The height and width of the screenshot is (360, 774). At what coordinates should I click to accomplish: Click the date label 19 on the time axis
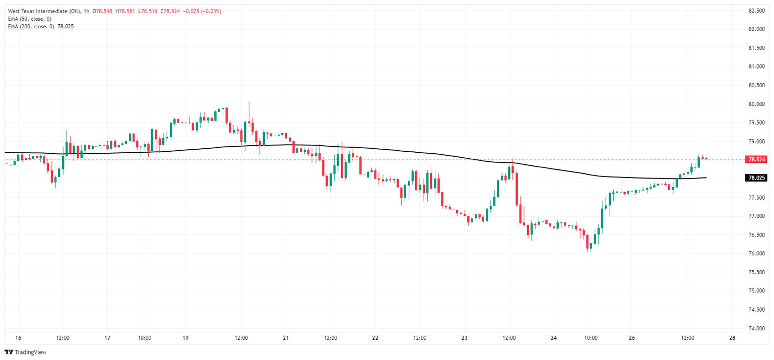pos(185,338)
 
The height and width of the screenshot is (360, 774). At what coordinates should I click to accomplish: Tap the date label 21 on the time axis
pos(286,338)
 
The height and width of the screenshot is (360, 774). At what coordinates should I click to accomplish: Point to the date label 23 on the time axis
pos(464,338)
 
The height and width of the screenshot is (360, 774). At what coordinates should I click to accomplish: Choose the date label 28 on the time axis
pos(732,338)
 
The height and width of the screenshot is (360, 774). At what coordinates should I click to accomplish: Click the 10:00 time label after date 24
pos(591,338)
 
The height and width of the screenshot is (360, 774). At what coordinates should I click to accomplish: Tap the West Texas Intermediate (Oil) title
pos(43,11)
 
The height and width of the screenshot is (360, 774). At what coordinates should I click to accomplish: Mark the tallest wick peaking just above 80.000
pos(249,103)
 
